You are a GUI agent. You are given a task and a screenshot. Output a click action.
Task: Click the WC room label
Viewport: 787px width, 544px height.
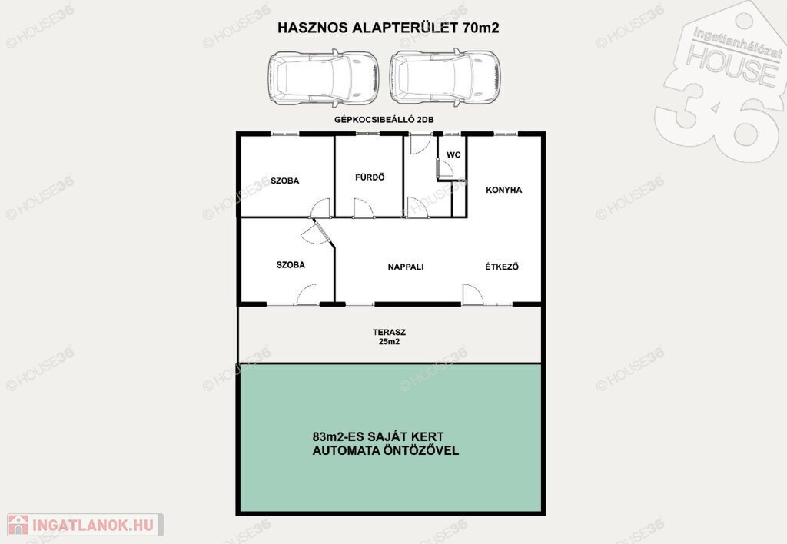click(453, 154)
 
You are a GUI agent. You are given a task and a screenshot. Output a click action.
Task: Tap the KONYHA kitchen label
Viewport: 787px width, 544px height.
click(504, 190)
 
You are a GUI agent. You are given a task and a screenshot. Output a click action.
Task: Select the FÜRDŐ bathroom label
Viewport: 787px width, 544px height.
click(370, 177)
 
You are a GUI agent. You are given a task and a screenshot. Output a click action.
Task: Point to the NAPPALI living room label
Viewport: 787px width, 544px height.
click(406, 267)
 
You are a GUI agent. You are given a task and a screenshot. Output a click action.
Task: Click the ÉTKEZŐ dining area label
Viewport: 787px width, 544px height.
click(502, 267)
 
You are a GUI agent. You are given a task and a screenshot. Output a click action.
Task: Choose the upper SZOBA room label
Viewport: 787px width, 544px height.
click(284, 181)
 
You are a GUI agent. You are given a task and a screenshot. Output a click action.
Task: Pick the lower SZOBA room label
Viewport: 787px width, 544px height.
click(291, 264)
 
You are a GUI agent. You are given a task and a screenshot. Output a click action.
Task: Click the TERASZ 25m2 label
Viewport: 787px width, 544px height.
click(389, 337)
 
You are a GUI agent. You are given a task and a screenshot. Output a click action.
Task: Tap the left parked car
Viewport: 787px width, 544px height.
click(323, 78)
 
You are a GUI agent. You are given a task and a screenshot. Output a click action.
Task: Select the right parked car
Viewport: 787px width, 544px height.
click(445, 78)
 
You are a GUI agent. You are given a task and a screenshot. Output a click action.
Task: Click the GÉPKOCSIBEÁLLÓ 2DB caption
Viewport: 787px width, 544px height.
click(384, 119)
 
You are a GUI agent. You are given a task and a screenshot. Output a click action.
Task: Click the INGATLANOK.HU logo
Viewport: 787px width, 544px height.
click(85, 525)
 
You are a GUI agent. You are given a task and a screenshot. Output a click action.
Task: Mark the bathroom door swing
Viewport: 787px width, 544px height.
click(364, 207)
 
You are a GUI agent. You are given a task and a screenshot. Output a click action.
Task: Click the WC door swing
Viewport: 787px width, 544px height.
click(445, 168)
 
